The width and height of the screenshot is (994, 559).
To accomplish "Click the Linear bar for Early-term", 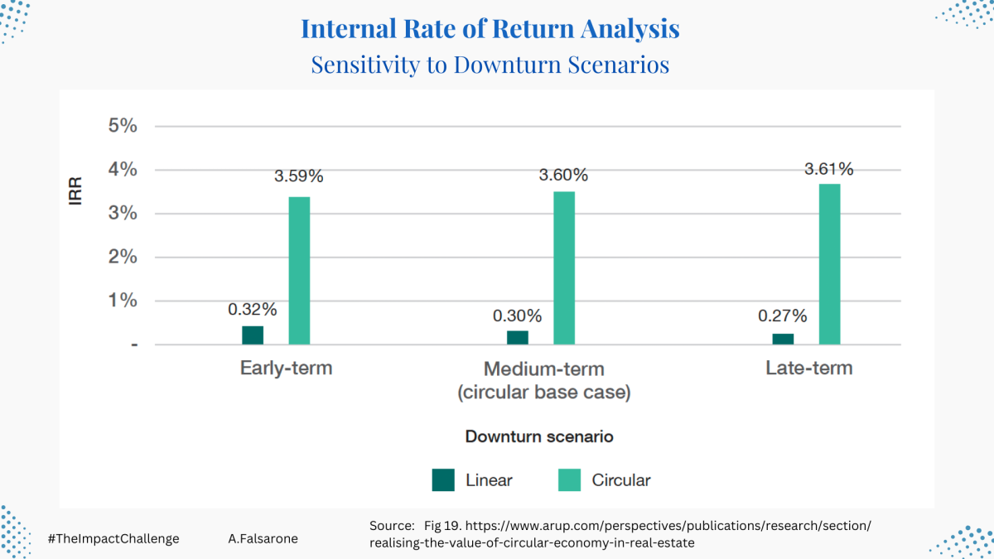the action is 253,335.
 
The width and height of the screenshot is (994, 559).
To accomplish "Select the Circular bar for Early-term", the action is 300,271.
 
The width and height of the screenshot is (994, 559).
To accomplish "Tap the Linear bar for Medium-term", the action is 518,338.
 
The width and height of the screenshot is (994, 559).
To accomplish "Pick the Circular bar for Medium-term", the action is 564,268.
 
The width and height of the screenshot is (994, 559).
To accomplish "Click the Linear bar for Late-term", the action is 783,339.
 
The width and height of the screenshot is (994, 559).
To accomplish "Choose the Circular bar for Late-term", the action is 830,264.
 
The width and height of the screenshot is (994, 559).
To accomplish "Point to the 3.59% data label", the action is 299,176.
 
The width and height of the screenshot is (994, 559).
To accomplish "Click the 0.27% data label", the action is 782,316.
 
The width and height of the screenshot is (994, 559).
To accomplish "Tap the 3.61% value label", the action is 829,169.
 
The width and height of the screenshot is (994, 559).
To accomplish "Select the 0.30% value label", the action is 518,316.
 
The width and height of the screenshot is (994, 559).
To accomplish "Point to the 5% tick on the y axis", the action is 123,126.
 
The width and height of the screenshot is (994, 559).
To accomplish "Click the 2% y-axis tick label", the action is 123,257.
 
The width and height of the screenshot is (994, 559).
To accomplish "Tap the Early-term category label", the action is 287,369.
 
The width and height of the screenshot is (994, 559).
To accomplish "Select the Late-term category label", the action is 809,369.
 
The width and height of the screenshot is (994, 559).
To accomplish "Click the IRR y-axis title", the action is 76,191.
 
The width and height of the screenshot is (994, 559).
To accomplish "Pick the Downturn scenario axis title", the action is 539,436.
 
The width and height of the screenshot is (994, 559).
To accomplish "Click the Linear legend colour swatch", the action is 443,480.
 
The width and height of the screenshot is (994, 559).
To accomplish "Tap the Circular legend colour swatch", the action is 569,480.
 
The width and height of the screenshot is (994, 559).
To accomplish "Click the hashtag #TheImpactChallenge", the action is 113,539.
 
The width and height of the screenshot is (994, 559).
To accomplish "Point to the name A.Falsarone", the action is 263,539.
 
